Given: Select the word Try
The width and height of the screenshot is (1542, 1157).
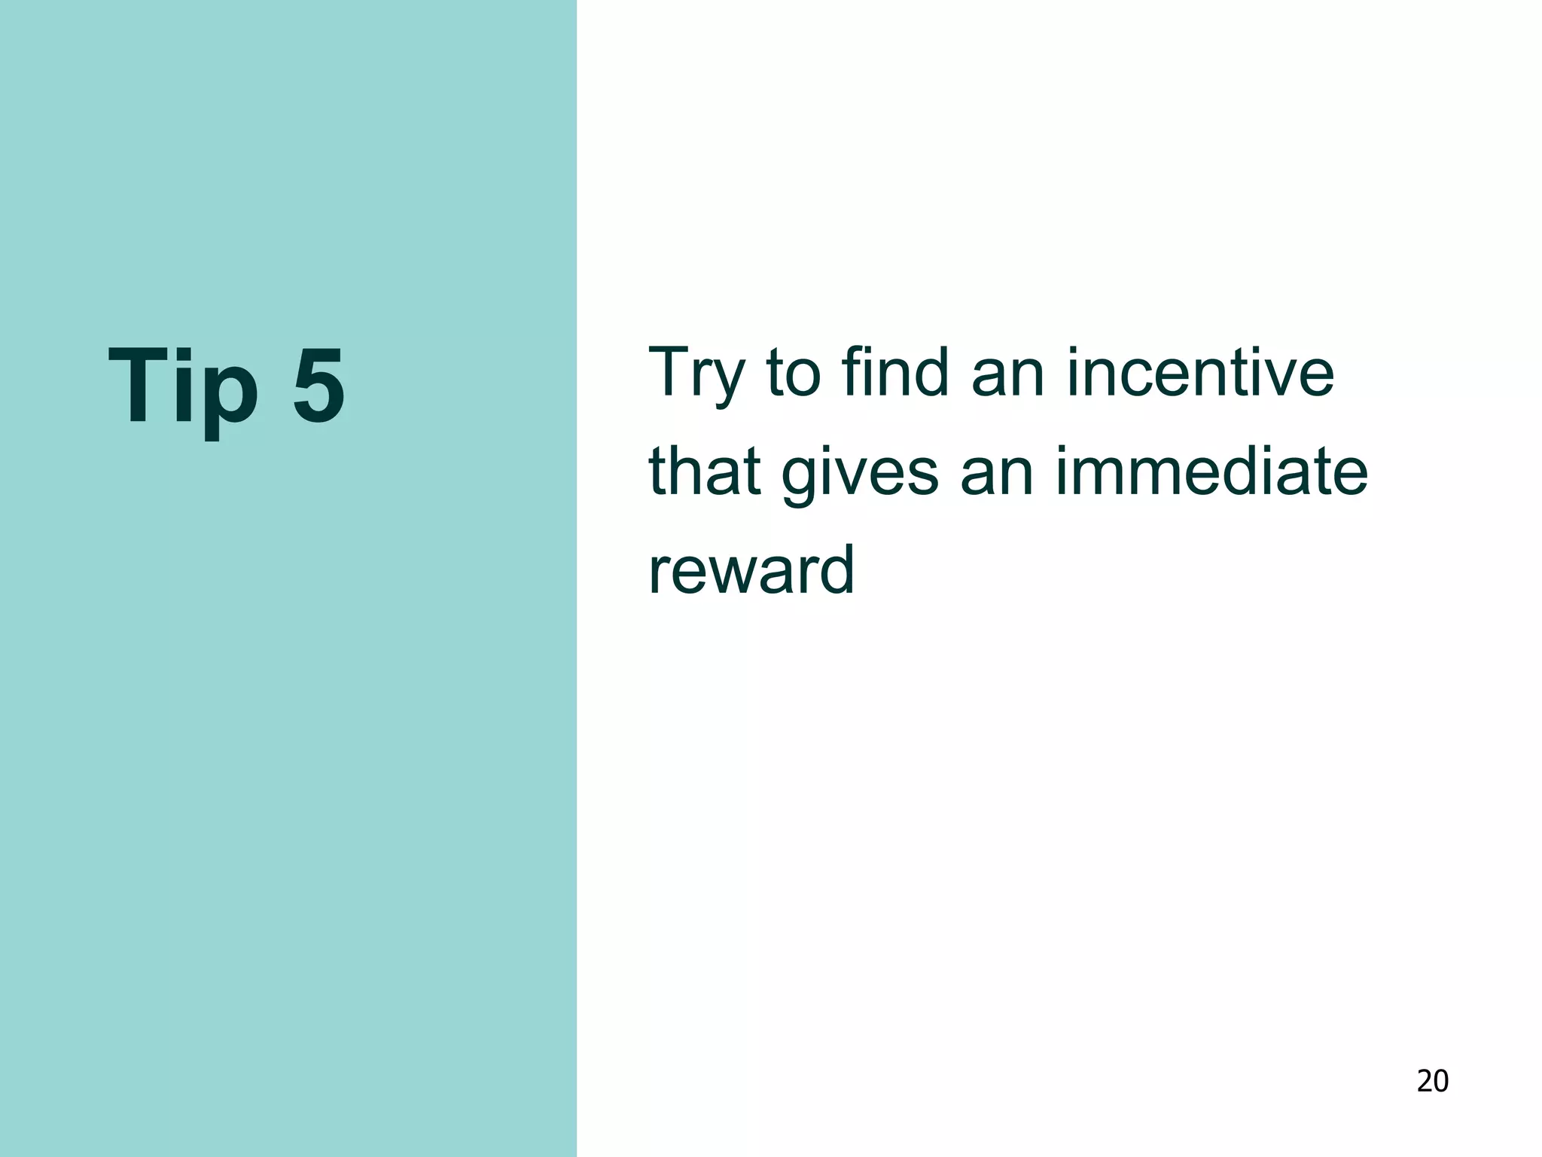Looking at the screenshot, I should [696, 374].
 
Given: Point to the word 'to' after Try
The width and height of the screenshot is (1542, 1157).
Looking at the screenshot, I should [794, 374].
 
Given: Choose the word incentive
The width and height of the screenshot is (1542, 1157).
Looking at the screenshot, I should [1200, 372].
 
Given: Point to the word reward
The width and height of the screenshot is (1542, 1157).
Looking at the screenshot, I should [751, 570].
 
